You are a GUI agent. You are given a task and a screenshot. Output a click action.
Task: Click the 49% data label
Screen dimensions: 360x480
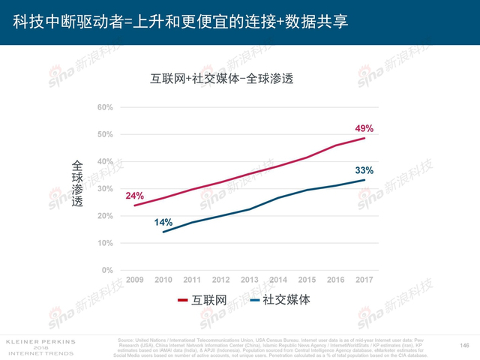(x=364, y=127)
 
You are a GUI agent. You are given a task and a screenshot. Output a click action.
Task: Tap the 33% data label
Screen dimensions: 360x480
(x=364, y=170)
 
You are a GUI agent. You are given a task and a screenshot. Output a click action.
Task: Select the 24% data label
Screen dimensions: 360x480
(x=135, y=196)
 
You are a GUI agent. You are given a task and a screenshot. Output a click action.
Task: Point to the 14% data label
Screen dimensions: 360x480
(x=163, y=222)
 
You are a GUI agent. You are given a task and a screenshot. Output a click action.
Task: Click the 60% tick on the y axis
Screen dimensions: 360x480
(x=105, y=107)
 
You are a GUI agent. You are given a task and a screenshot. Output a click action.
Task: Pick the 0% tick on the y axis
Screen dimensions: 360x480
(x=107, y=270)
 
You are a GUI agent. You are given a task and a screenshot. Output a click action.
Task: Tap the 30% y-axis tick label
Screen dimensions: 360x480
(x=105, y=189)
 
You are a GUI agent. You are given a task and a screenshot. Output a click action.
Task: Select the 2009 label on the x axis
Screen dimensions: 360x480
(x=135, y=280)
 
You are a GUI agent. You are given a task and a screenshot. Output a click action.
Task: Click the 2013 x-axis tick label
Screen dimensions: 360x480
(x=250, y=280)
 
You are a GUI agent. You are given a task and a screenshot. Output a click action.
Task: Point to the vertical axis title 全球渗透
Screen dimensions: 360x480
(x=77, y=187)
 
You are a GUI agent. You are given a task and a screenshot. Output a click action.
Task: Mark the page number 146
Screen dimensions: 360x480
(x=463, y=345)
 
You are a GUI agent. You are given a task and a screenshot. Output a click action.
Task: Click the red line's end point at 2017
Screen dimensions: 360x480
(x=365, y=138)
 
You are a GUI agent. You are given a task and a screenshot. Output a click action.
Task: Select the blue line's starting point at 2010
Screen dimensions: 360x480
(x=163, y=232)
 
